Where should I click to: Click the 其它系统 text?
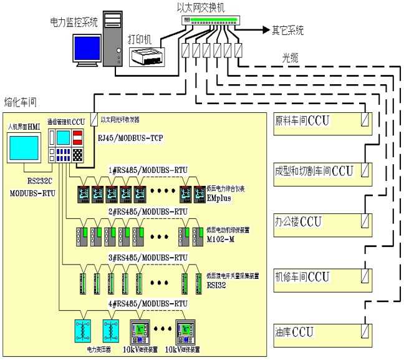[287, 29]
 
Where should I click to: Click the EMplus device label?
[218, 195]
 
